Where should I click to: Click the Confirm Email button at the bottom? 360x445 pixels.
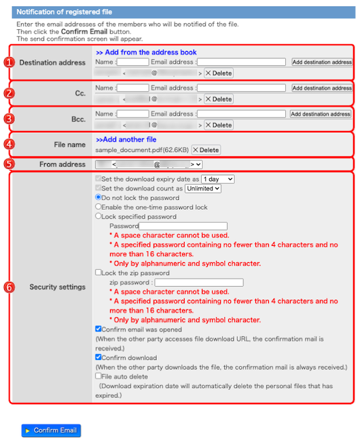tap(51, 430)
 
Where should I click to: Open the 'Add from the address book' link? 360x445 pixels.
tap(146, 52)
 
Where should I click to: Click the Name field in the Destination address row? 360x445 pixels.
tap(133, 62)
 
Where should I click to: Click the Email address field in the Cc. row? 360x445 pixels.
tap(241, 88)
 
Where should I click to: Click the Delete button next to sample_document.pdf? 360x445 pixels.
tap(206, 149)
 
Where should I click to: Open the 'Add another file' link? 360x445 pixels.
tap(126, 139)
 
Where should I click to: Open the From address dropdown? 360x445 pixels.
tap(149, 164)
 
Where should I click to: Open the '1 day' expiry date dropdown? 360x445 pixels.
tap(218, 179)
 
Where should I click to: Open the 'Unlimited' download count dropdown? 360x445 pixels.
tap(203, 188)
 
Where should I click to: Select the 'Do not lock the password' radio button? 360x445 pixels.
tap(99, 198)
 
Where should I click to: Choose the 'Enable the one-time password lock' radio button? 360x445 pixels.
tap(99, 207)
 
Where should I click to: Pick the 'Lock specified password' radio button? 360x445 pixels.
tap(99, 217)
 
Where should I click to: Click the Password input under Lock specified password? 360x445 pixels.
tap(183, 226)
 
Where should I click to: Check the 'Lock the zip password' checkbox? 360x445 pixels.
tap(99, 272)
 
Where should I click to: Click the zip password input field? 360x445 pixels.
tap(199, 282)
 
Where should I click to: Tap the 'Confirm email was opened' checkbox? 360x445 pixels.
tap(99, 328)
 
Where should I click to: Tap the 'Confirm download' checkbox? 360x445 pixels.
tap(99, 357)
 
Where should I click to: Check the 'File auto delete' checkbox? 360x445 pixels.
tap(99, 376)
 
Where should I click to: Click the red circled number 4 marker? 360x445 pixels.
tap(9, 144)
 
